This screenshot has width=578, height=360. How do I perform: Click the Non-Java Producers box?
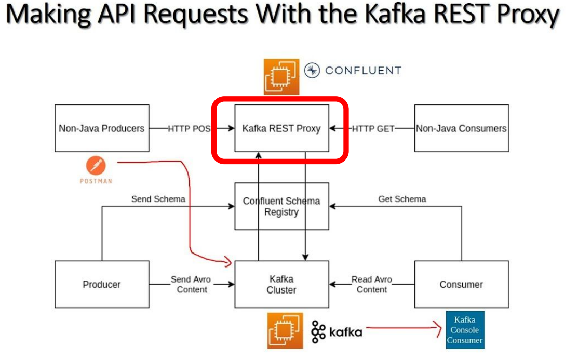coord(102,128)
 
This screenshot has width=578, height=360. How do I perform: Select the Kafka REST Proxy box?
coord(281,128)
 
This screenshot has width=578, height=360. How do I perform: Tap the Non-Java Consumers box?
coord(461,128)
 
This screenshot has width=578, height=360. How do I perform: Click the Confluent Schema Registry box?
coord(281,206)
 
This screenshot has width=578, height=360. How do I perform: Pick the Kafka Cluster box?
coord(281,284)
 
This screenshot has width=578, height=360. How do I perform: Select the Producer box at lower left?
coord(102,284)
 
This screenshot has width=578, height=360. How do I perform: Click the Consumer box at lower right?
coord(461,284)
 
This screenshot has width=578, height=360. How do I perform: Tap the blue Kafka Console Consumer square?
coord(465,330)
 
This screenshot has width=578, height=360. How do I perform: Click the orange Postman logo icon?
coord(96,166)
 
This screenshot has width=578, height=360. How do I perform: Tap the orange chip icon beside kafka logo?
coord(285,330)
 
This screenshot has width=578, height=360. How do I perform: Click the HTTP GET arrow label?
coord(373,128)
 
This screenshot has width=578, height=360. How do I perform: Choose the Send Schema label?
coord(158,199)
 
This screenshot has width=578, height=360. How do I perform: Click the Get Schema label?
coord(402,199)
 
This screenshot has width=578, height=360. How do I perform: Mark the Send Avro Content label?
coord(191,284)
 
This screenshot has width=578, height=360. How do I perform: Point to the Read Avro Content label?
coord(371,284)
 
